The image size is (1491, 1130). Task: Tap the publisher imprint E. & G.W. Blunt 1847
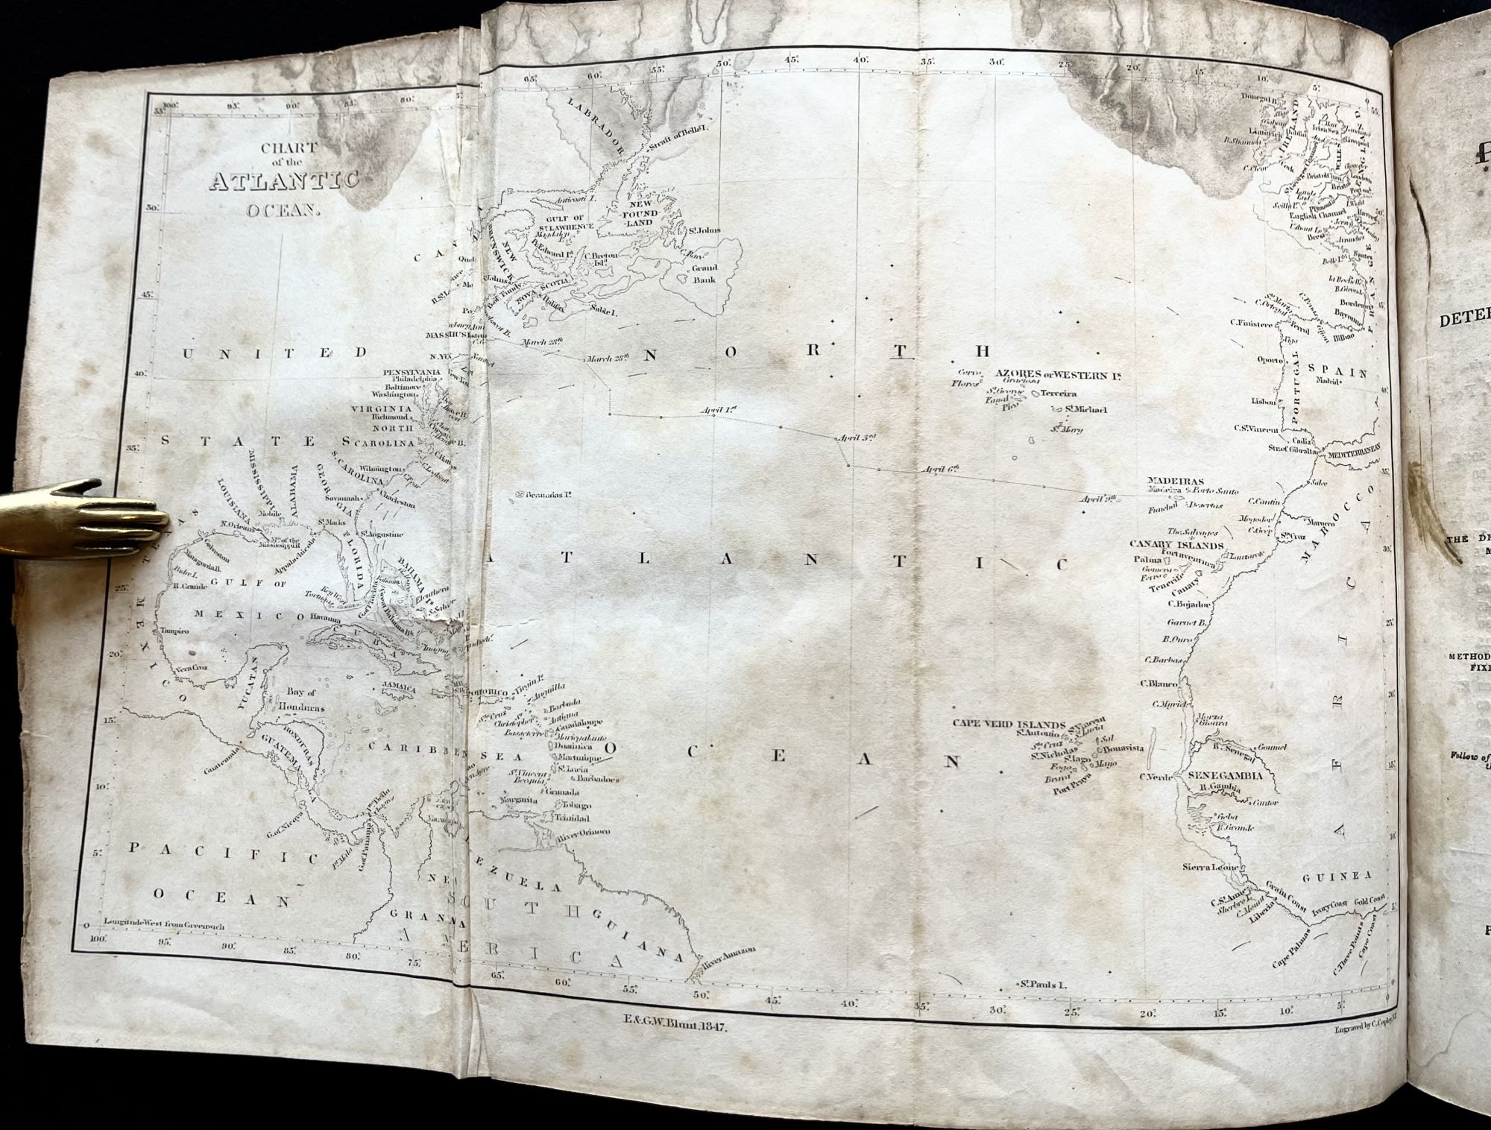pos(657,1026)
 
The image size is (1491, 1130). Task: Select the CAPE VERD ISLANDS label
pos(1008,724)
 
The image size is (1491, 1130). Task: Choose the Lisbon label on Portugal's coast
pos(1264,401)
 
